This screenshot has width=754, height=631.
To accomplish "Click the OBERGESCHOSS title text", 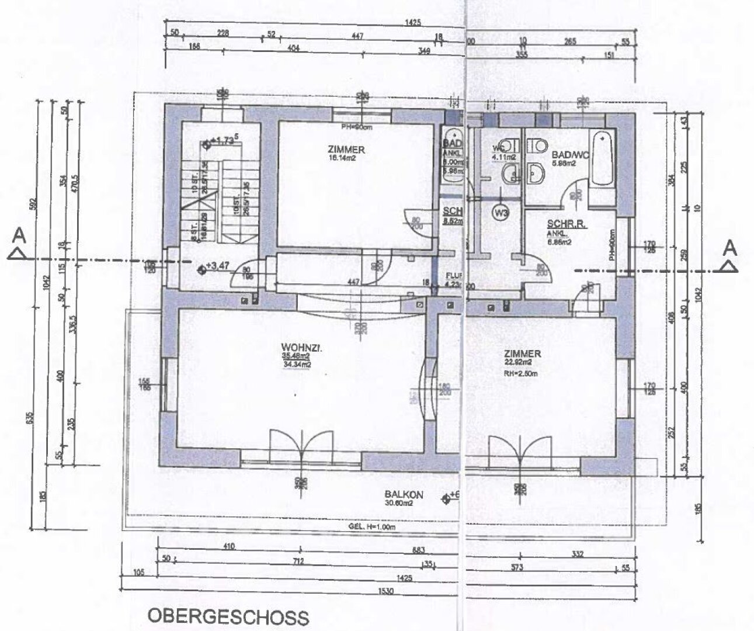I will click(228, 616).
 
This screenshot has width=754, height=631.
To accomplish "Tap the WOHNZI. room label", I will click(294, 349).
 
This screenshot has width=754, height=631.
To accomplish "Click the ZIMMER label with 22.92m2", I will click(523, 353).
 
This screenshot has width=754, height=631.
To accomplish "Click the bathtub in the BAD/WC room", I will click(602, 159).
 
